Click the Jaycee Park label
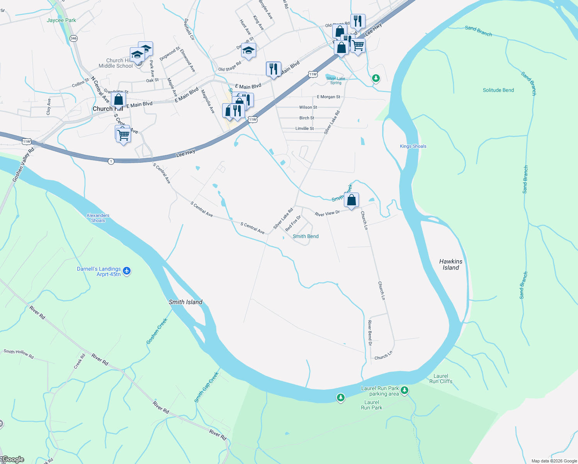(61, 20)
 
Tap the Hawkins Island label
(451, 264)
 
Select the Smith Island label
(185, 302)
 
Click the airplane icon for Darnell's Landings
(127, 271)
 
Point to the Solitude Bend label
(498, 90)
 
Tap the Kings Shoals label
(413, 146)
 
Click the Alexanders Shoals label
(98, 218)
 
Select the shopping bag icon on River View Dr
(351, 200)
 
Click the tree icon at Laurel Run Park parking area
(405, 390)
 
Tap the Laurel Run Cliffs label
(441, 379)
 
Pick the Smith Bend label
(306, 236)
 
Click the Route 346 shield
(74, 38)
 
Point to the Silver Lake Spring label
(336, 80)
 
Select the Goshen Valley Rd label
(24, 164)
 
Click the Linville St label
(304, 128)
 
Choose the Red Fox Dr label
(293, 224)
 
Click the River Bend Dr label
(370, 333)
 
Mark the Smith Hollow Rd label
(19, 353)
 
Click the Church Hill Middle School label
(116, 63)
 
